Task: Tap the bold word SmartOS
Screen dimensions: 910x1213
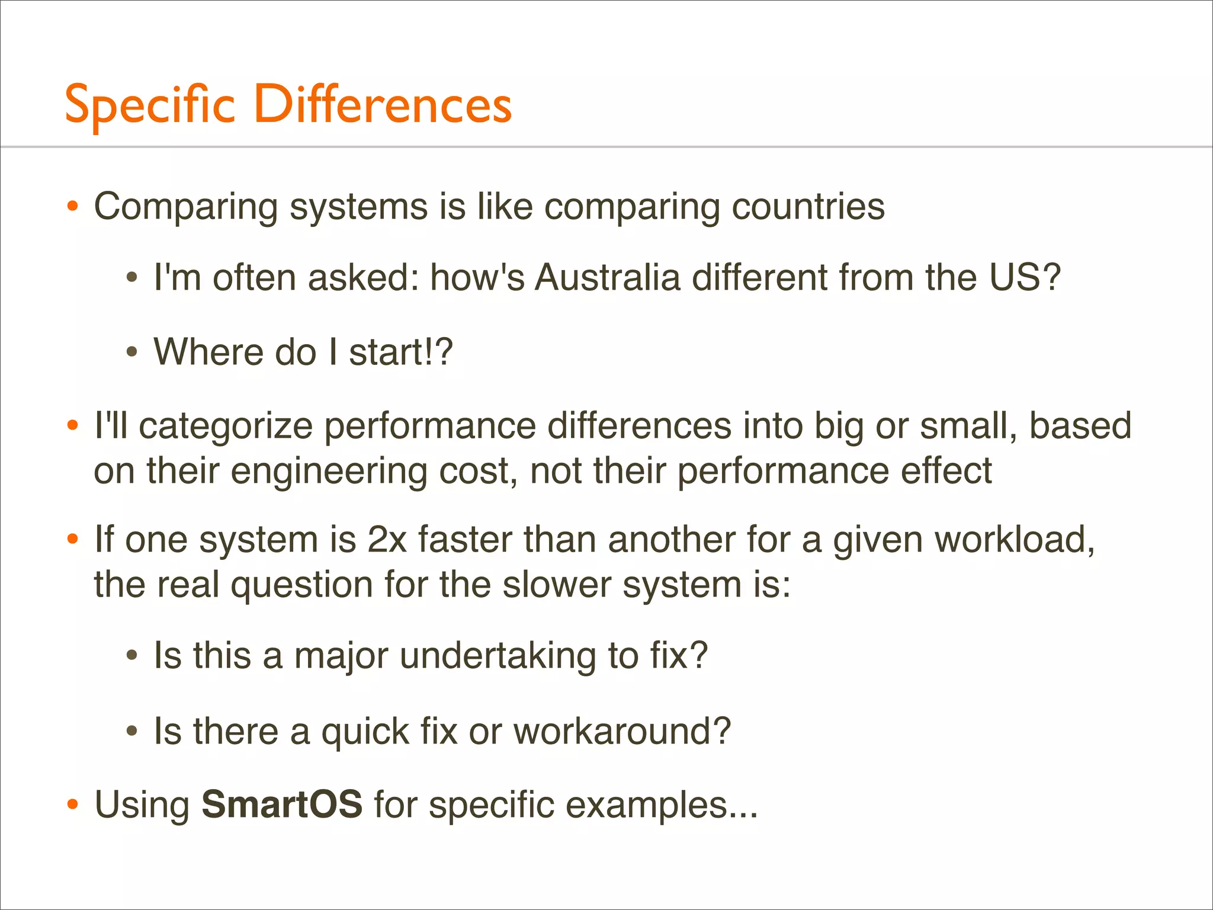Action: pos(281,805)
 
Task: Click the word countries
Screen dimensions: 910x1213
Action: pos(808,207)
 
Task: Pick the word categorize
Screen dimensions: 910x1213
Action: pos(225,427)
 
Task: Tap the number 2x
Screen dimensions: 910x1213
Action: pos(387,540)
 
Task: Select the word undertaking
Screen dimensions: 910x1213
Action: pos(498,656)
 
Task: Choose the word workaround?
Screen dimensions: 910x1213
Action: pos(622,731)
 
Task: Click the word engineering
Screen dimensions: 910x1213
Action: pos(328,472)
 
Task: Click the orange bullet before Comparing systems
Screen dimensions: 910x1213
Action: pos(72,207)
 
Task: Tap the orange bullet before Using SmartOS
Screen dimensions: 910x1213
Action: pos(72,805)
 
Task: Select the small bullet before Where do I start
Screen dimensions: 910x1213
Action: pos(132,353)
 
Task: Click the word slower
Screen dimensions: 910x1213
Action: pos(556,585)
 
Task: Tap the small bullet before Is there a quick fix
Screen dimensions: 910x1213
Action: pos(132,732)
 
